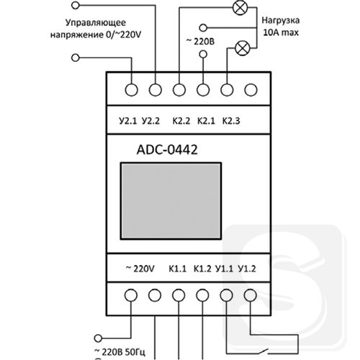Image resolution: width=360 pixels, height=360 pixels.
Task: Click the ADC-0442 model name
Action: pos(167,150)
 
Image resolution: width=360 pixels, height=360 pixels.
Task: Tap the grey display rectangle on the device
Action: pos(171,201)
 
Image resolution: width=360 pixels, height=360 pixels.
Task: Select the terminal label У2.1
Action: pos(127,121)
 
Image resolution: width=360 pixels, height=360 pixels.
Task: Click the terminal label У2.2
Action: pos(150,121)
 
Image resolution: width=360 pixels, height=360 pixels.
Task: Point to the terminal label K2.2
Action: pos(181,121)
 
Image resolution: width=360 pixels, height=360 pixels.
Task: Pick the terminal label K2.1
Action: pos(206,121)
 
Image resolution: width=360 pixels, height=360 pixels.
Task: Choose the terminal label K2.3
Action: pos(231,121)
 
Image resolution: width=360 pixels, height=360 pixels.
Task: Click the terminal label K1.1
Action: pos(178,269)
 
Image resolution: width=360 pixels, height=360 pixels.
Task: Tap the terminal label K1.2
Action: pos(202,269)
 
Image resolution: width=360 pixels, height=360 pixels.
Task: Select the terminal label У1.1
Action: pos(224,269)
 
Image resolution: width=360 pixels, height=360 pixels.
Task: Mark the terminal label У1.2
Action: pos(247,269)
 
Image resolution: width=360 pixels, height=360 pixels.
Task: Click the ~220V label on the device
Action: pos(140,269)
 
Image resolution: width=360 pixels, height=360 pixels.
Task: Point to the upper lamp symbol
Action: pos(239,8)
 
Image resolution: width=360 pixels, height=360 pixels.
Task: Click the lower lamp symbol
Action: pos(243,48)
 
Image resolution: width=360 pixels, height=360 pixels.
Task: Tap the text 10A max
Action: pos(281,32)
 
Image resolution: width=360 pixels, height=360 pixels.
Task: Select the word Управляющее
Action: pos(96,23)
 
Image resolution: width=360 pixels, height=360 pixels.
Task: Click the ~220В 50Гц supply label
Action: pos(120,352)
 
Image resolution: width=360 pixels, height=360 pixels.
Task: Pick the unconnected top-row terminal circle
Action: pos(251,90)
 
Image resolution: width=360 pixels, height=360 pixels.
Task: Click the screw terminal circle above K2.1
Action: pos(203,90)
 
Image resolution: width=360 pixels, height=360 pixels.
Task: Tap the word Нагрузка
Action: pos(281,20)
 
